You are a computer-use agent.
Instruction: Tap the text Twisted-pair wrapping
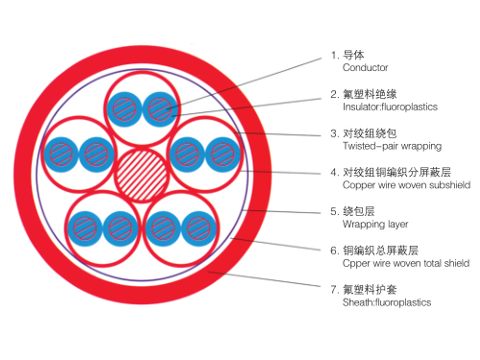click(392, 146)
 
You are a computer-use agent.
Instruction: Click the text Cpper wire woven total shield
click(406, 263)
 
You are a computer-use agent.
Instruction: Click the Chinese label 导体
click(353, 56)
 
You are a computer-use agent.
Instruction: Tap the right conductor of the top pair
click(158, 107)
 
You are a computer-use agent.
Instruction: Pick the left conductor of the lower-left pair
click(86, 227)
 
